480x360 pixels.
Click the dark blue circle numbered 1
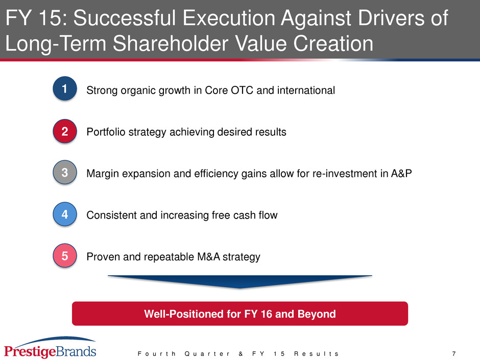(x=64, y=88)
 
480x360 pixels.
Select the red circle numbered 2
(x=64, y=131)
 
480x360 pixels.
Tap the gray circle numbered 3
(x=64, y=173)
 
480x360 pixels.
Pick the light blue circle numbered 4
(x=64, y=214)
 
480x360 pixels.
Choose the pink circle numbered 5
(x=64, y=256)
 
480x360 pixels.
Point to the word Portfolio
(x=106, y=132)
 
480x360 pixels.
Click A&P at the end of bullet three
(x=401, y=174)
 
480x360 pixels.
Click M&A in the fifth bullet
(x=208, y=256)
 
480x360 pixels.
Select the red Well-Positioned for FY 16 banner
(x=240, y=314)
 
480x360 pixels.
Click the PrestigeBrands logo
(x=50, y=348)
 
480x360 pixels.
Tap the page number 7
(x=454, y=354)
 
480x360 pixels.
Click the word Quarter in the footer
(x=207, y=354)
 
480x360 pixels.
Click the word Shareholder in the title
(x=170, y=43)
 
